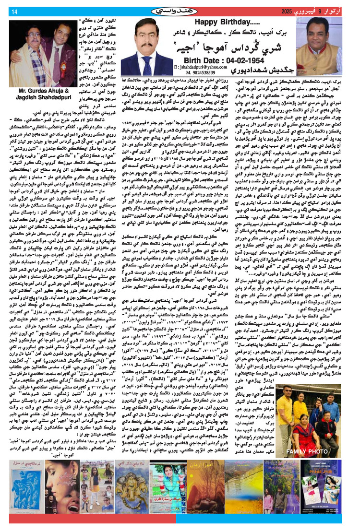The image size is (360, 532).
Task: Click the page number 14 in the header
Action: [14, 12]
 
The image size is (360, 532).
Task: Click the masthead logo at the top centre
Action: [180, 11]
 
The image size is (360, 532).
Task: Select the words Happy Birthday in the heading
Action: [221, 23]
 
